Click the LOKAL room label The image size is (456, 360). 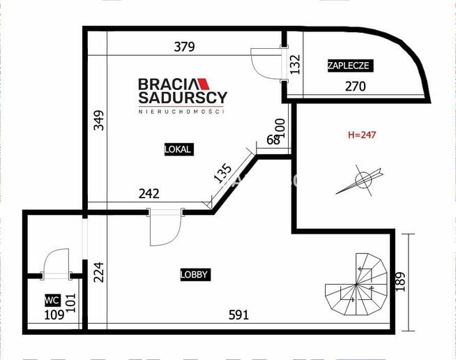(178, 149)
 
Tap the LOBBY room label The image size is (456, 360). (195, 275)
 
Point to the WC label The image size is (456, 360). (51, 300)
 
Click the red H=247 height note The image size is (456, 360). (361, 135)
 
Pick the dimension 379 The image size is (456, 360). (185, 47)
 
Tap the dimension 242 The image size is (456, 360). (149, 193)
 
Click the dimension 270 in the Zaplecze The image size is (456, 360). (356, 87)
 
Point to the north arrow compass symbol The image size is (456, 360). (362, 180)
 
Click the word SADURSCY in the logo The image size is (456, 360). (183, 98)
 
